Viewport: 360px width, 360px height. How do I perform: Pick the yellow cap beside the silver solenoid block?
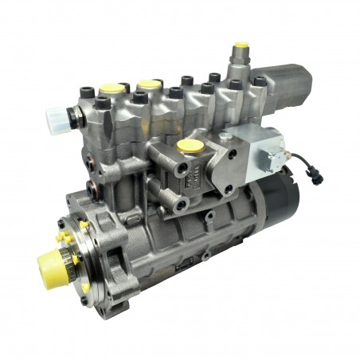[x=190, y=146]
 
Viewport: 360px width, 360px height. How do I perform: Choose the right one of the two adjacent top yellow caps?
[x=147, y=84]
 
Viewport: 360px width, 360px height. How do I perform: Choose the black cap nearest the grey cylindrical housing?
[x=260, y=81]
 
